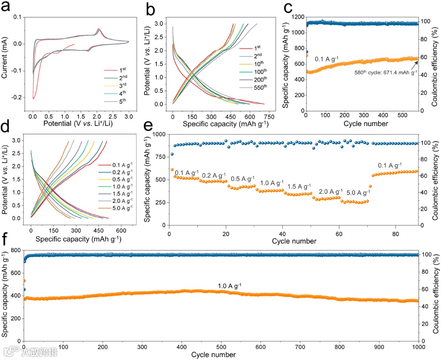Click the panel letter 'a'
coord(7,7)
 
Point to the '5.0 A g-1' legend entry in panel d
coord(119,209)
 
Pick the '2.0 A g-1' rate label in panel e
coord(330,192)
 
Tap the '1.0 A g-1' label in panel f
coord(231,285)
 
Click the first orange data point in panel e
coord(172,170)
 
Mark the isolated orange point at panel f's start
coord(24,281)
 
